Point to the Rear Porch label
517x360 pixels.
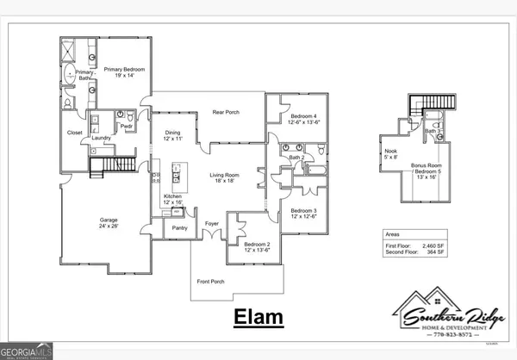tap(226, 113)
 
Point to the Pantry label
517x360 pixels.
tap(179, 228)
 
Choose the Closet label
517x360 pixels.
tap(75, 133)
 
